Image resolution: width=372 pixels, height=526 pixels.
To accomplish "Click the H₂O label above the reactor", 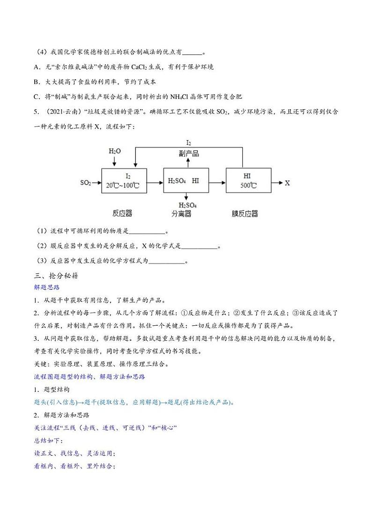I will click(x=115, y=151).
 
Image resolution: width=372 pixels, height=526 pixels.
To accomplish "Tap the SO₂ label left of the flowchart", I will click(x=86, y=183).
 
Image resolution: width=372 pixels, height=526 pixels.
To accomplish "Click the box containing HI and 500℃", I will click(x=248, y=180).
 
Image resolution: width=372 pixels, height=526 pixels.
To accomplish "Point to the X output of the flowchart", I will click(x=287, y=183).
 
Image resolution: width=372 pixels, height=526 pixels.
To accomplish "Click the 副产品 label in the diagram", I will click(x=189, y=153).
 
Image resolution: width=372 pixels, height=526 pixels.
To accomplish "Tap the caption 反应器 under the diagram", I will click(x=123, y=214).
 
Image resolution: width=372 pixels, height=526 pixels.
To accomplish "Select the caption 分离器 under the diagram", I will click(x=181, y=214).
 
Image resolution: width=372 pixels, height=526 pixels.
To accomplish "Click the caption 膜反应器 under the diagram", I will click(x=245, y=214).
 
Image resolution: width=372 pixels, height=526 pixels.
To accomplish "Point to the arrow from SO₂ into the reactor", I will click(x=97, y=183).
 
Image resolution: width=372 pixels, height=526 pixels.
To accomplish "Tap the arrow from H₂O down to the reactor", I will click(x=115, y=161).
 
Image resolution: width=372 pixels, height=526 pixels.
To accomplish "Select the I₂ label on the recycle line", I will click(x=189, y=143).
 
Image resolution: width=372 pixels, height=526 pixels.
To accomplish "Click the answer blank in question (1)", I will click(x=147, y=232).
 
